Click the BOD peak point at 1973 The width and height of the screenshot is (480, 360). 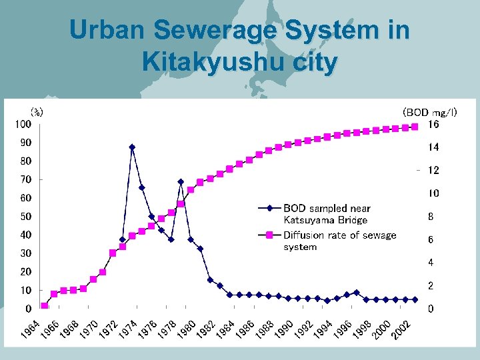tap(132, 147)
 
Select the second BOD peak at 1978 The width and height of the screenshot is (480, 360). tap(181, 181)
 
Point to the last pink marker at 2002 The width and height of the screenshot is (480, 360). tap(415, 127)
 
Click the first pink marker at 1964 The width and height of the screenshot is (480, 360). tap(44, 305)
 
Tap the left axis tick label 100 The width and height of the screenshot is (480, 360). tap(23, 124)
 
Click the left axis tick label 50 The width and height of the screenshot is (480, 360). tap(25, 217)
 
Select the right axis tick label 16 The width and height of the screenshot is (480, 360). tap(433, 125)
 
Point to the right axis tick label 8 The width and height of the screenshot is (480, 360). tap(431, 217)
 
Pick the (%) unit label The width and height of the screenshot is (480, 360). tap(37, 111)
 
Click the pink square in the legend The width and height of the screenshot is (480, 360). tap(270, 235)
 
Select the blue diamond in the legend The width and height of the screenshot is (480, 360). tap(270, 208)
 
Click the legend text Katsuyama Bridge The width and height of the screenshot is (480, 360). tap(325, 220)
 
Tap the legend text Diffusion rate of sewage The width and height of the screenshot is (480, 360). tap(340, 235)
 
